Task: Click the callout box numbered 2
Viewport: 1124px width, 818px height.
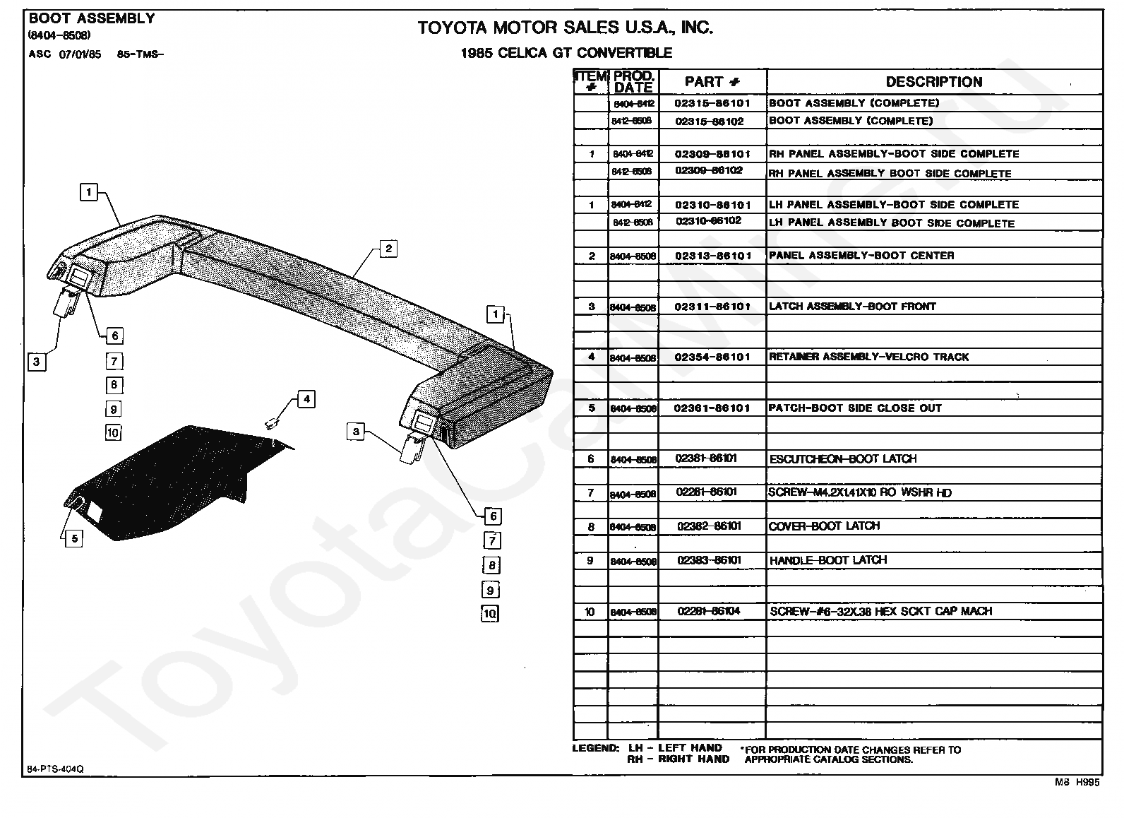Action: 388,248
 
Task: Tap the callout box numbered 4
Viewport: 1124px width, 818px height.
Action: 306,399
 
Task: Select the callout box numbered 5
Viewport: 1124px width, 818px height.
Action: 74,538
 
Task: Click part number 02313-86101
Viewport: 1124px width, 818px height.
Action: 712,256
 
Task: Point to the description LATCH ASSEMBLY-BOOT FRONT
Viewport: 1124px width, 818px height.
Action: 851,307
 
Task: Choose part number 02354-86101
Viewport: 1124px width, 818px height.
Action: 712,357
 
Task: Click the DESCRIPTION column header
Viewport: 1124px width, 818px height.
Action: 933,82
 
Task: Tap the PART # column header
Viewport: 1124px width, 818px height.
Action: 712,82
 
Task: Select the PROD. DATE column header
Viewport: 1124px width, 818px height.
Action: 633,82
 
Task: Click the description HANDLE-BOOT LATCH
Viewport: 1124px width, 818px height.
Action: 827,560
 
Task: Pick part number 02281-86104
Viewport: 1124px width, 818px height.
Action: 709,611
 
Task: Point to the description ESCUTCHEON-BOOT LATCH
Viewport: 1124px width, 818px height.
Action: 842,459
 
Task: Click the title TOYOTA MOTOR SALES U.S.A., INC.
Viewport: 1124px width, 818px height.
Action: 565,28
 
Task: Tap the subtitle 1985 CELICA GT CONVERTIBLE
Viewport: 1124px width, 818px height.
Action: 566,53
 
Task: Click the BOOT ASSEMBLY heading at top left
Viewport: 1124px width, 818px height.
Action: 92,19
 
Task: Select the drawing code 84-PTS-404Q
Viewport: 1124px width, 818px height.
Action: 55,769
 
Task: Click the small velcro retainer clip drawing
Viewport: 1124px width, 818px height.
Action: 270,423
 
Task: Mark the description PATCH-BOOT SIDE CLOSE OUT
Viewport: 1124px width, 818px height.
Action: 854,408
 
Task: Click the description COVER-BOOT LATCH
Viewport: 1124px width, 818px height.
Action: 824,526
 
